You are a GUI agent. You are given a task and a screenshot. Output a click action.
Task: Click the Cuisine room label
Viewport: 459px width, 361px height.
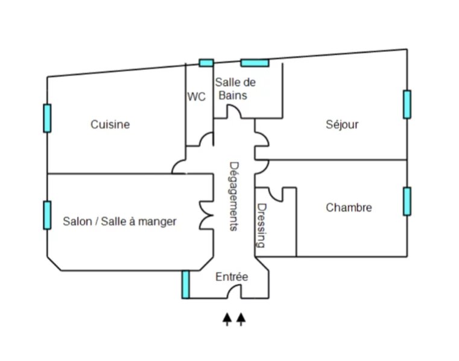110,124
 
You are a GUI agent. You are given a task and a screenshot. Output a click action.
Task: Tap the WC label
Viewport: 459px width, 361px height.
197,97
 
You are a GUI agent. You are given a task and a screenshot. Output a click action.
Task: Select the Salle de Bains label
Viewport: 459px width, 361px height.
235,89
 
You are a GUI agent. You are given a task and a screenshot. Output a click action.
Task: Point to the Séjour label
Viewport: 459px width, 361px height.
342,124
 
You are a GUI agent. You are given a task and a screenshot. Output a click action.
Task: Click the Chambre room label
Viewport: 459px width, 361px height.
349,208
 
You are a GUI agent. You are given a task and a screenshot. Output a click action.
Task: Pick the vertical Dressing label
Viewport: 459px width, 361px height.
261,226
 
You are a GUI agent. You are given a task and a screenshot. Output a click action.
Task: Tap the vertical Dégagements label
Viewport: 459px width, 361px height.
233,197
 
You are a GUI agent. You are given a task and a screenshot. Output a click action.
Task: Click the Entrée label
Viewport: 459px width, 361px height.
232,276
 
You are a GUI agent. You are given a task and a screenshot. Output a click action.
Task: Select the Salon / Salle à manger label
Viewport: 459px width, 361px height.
119,222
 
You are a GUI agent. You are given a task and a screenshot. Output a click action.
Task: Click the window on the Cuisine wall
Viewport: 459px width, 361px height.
47,118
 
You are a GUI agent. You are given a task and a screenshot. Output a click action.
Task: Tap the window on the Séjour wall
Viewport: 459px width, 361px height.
407,104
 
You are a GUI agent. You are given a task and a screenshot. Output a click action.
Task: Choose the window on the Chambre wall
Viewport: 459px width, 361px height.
407,201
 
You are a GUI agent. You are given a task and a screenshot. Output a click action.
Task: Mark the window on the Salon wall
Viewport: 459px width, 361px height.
47,215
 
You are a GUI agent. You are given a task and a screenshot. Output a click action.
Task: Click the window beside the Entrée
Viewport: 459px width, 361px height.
186,284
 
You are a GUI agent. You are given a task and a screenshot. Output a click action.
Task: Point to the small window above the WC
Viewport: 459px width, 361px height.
206,63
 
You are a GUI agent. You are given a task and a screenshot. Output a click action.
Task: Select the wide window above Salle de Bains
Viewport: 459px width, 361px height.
255,63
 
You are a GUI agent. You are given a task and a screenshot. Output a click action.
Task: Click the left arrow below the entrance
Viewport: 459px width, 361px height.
227,319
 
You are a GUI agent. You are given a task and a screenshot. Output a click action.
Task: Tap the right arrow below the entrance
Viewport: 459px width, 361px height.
241,319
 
